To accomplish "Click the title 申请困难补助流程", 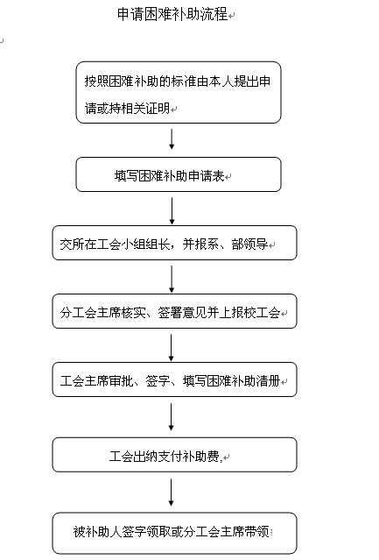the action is pos(172,14).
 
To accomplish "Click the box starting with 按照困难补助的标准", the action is pos(179,93).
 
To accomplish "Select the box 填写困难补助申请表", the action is pos(179,174).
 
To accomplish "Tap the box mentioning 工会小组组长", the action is pos(174,243).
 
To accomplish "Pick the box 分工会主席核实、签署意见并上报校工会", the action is pos(174,311).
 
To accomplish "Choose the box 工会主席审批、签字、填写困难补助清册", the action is pos(174,379).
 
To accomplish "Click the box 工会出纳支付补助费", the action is pos(174,455).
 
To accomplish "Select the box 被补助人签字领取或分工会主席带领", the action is pos(174,533).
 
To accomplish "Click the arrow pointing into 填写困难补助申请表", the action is pos(172,139).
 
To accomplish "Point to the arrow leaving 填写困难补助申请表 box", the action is pos(172,211).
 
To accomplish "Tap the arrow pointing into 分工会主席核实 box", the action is pos(172,280).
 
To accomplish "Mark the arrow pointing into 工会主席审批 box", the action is pos(172,348).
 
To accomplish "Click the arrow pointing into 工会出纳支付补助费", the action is pos(172,417).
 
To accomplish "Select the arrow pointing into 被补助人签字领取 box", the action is pos(172,493).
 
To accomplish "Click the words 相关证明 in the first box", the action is pos(145,108).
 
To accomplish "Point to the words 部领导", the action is pos(249,244).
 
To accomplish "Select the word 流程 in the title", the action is pos(214,14).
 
